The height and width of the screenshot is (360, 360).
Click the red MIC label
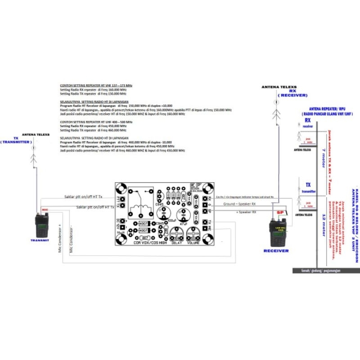[x=45, y=210]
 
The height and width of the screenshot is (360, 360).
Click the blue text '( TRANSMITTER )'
[x=17, y=142]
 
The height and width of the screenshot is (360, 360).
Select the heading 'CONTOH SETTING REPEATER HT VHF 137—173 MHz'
[x=96, y=85]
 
